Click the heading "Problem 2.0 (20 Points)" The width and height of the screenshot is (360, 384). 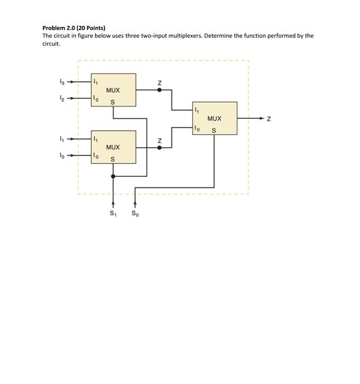(x=74, y=27)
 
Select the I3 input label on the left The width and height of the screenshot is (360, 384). (x=61, y=82)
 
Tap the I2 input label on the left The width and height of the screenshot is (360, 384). (x=61, y=99)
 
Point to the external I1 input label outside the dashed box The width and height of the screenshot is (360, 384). (x=61, y=139)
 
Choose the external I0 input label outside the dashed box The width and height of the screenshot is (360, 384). (x=61, y=156)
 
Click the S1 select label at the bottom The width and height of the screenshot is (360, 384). (x=113, y=214)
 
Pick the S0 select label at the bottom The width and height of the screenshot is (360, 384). (x=135, y=214)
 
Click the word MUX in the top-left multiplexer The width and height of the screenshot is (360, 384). (x=113, y=90)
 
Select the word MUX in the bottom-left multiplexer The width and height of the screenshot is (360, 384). (x=113, y=147)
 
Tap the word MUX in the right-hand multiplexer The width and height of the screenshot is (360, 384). (x=214, y=118)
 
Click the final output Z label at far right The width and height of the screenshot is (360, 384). (x=268, y=118)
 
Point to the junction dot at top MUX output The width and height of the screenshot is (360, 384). (x=159, y=90)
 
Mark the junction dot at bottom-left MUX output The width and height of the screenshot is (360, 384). (x=159, y=147)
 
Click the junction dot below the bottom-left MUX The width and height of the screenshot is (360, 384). (x=113, y=176)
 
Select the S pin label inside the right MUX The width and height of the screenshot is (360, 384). (x=214, y=131)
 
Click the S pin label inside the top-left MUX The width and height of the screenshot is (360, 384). (x=113, y=102)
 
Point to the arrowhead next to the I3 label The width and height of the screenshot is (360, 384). (x=71, y=82)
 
